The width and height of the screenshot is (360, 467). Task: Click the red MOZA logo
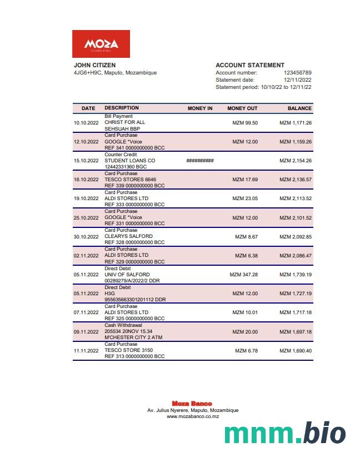click(101, 44)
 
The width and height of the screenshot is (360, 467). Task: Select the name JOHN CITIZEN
click(95, 65)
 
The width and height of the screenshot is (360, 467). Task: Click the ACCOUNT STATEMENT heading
click(250, 65)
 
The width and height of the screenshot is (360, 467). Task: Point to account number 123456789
click(297, 73)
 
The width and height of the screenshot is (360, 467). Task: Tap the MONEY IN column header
click(200, 108)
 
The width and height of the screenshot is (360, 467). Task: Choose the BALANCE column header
click(299, 108)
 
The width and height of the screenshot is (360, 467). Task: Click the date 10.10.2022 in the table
click(86, 122)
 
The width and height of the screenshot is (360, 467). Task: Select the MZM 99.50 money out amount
click(245, 122)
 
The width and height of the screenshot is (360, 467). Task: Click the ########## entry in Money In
click(200, 161)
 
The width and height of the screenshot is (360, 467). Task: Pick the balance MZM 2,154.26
click(295, 161)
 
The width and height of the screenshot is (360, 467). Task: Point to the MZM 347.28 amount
click(243, 275)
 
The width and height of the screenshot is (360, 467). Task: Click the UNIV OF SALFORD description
click(127, 275)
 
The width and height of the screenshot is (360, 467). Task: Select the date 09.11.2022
click(86, 332)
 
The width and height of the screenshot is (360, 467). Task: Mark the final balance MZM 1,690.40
click(295, 351)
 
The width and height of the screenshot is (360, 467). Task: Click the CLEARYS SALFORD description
click(128, 237)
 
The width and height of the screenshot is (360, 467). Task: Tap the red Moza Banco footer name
click(192, 404)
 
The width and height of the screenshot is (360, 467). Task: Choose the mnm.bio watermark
click(285, 433)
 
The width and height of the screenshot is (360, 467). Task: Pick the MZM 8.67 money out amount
click(246, 237)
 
